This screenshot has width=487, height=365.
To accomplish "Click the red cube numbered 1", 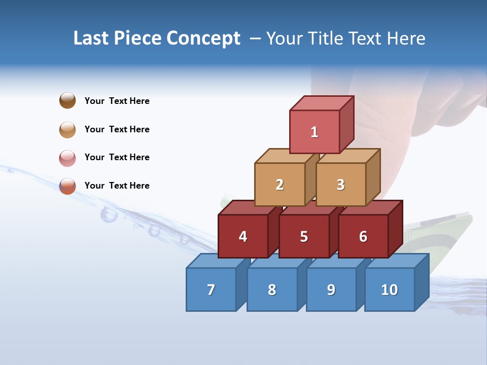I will coord(315,132).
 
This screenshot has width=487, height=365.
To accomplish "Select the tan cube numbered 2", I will coord(280,185).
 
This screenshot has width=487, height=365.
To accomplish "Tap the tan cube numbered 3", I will coord(341,185).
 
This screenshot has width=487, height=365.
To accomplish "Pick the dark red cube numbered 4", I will coord(243,236).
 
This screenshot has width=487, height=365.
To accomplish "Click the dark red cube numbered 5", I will coord(304,236).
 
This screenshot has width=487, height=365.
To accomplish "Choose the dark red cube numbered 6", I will coord(363,236).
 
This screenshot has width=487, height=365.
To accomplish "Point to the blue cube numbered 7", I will coord(211,289).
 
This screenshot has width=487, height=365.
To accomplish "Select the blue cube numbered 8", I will coord(272,289).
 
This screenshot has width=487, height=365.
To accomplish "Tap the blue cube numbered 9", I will coord(331,289).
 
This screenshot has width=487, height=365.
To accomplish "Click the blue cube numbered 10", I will coord(390,289).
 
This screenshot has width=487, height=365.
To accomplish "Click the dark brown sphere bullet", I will coord(67,100).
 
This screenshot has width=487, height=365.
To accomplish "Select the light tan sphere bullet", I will coord(67,130).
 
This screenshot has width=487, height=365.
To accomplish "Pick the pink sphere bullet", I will coord(67,158).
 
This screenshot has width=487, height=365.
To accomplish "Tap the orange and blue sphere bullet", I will coord(67,186).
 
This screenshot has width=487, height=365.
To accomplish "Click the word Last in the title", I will coord(91,39).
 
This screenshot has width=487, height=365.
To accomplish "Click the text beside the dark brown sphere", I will coord(117,101).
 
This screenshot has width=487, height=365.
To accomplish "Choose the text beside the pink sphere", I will coord(117,157).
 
